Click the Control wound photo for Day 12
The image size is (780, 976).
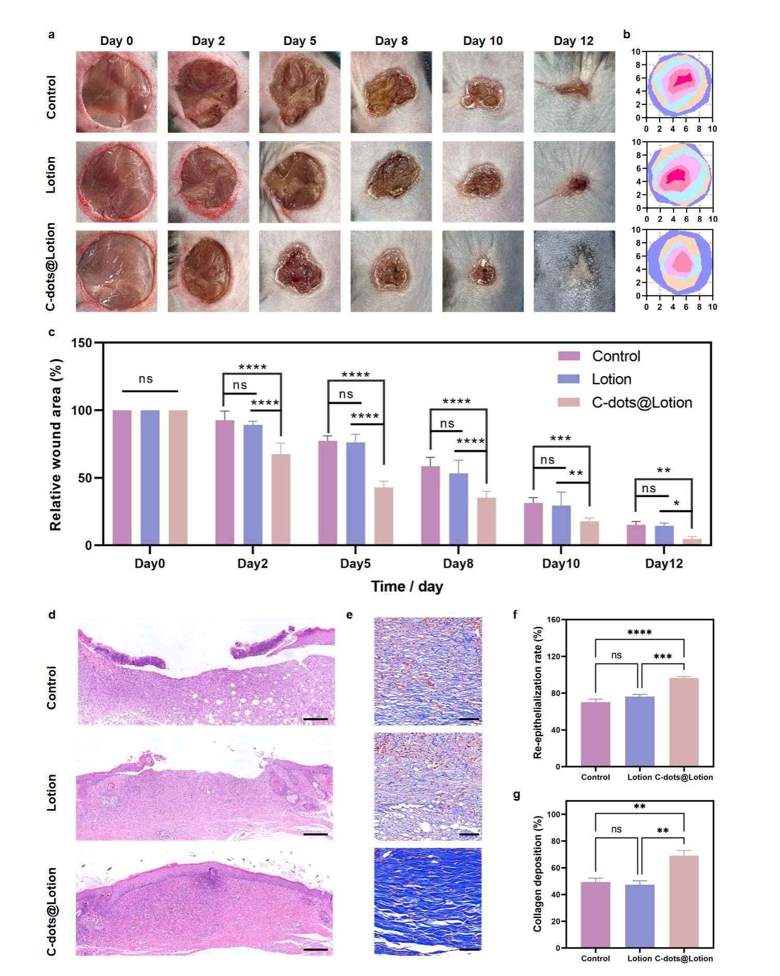tap(574, 92)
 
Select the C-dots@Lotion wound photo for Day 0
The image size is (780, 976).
tap(116, 271)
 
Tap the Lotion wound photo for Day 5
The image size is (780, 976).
tap(300, 182)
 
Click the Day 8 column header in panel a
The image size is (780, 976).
tap(391, 41)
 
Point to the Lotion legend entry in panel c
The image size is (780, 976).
tap(611, 379)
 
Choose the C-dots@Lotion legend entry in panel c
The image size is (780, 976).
tap(642, 402)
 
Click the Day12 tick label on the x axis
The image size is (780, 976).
tap(664, 563)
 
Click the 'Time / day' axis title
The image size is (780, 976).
tap(407, 586)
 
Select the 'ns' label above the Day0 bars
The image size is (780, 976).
tap(146, 379)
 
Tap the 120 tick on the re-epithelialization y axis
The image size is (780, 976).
tap(553, 656)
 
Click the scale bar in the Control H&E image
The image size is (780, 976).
tap(316, 719)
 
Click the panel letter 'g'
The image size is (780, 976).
tap(516, 795)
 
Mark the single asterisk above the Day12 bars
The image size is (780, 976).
tap(676, 503)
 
